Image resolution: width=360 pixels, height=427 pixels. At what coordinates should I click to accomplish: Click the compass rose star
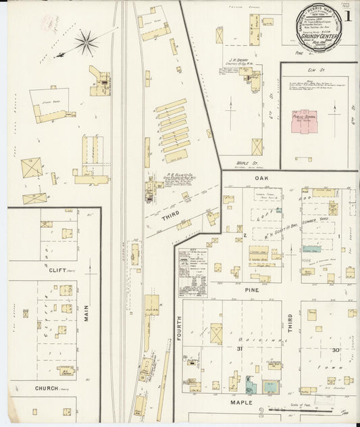coord(86,44)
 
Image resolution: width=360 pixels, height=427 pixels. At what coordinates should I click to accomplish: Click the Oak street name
coord(263,178)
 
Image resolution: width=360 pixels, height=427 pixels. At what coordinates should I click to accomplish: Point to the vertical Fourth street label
coord(180,317)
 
